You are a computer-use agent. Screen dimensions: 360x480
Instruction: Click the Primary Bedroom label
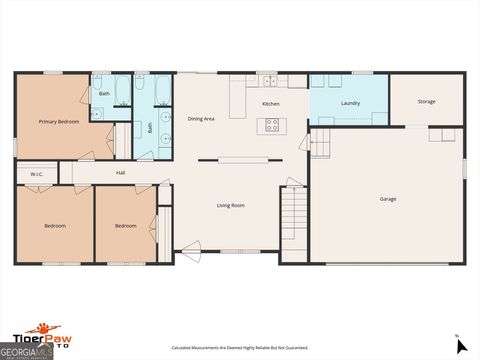(x=59, y=121)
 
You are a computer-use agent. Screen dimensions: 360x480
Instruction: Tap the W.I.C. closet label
(x=36, y=174)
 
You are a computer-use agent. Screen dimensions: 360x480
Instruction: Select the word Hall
(x=120, y=173)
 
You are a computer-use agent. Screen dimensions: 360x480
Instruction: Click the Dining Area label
(x=201, y=118)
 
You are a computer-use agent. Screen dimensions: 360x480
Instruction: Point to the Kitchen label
(x=270, y=104)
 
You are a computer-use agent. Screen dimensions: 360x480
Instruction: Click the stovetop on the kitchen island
(x=271, y=125)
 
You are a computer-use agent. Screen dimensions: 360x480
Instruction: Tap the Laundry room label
(x=350, y=103)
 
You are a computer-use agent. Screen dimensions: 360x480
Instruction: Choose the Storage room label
(x=426, y=101)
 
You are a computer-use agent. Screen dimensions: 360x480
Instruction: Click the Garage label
(x=387, y=198)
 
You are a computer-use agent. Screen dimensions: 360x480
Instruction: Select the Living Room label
(x=231, y=205)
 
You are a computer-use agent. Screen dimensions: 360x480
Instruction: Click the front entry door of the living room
(x=190, y=251)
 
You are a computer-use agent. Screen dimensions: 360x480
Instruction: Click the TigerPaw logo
(x=44, y=329)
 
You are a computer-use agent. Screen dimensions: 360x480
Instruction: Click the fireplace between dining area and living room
(x=237, y=160)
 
